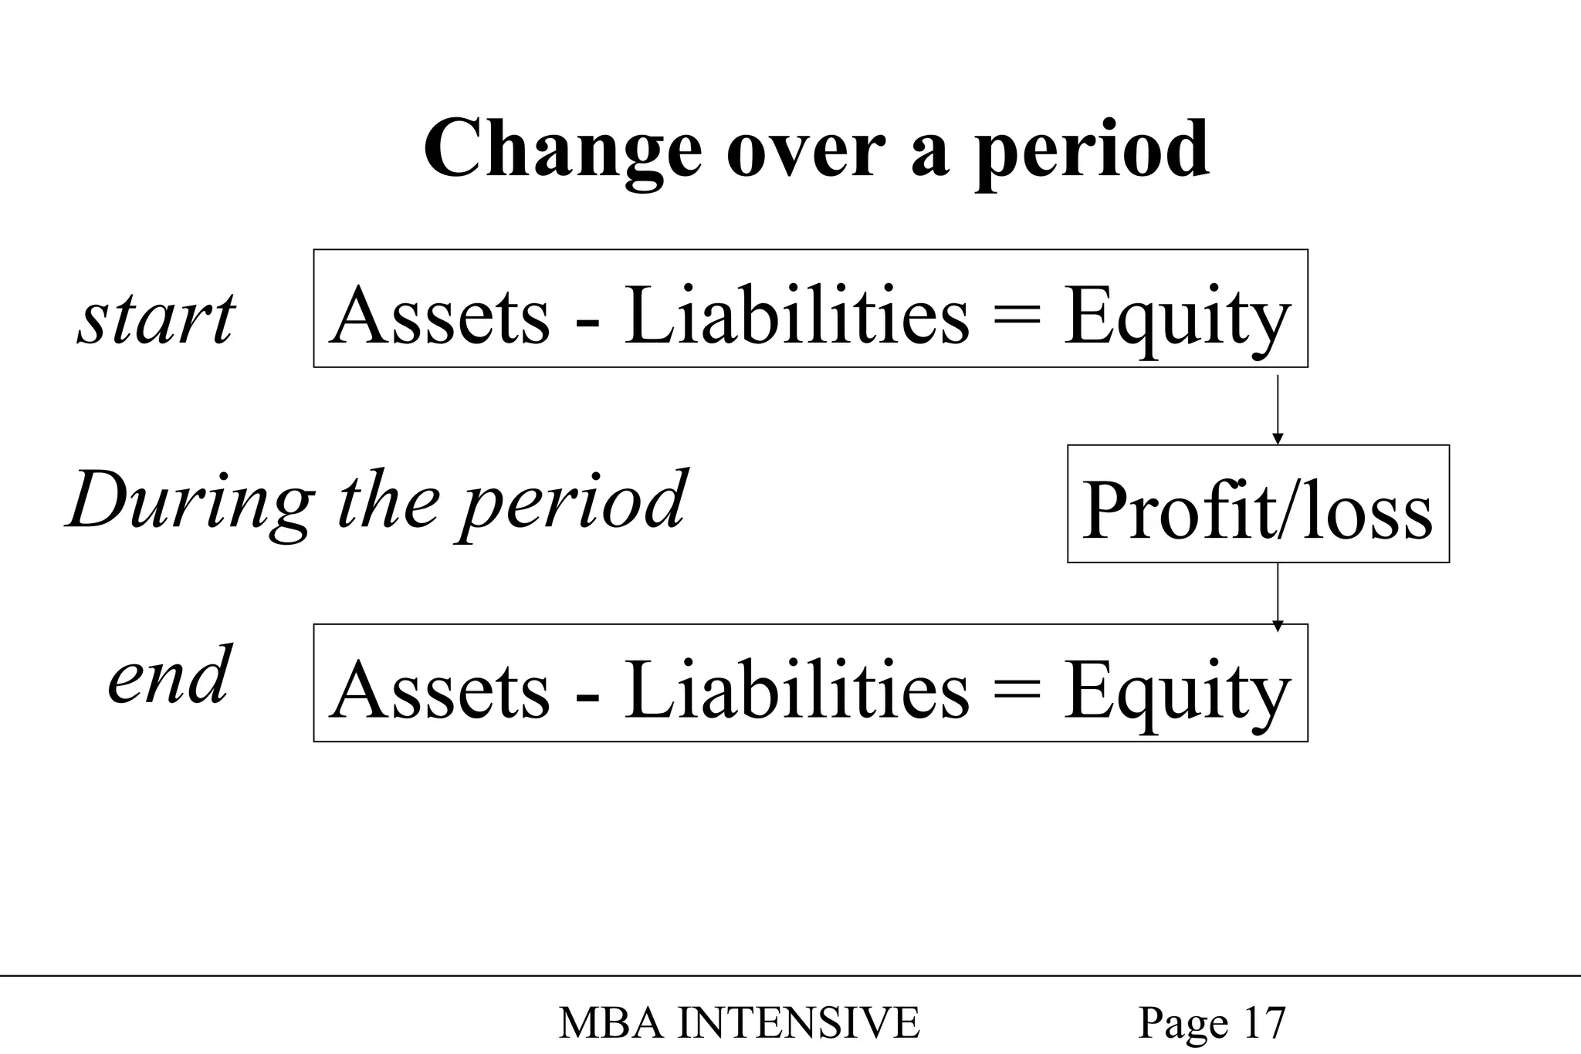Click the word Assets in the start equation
440,316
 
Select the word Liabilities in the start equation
796,316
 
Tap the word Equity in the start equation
1176,318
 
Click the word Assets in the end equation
440,689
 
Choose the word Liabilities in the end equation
796,689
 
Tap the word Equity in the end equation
1176,691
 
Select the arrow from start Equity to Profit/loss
1277,409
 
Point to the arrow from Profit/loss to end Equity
1277,596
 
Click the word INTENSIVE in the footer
798,1023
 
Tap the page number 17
1264,1023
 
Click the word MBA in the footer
610,1023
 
